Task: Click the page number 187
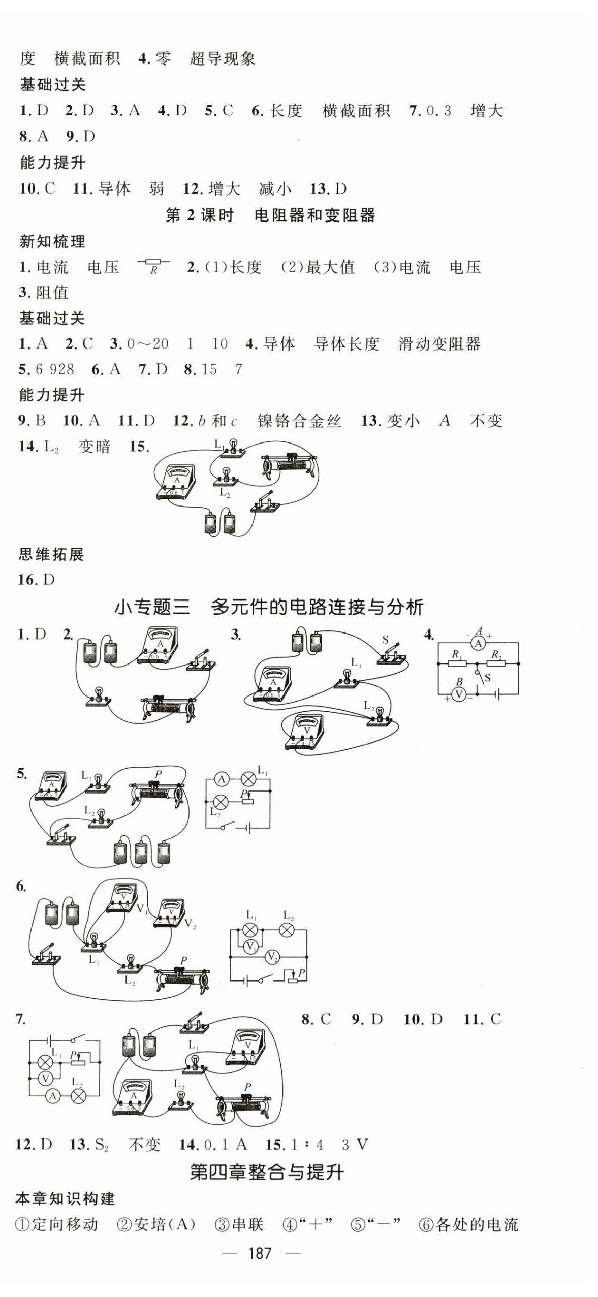(x=260, y=1253)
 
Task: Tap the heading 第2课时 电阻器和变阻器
(x=270, y=215)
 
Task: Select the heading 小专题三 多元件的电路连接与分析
(x=269, y=607)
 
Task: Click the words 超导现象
(x=223, y=59)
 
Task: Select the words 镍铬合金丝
(x=299, y=421)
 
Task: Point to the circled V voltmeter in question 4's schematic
(x=459, y=694)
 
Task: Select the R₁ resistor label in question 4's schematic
(x=456, y=654)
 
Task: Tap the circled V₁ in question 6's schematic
(x=250, y=946)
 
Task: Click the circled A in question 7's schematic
(x=52, y=1097)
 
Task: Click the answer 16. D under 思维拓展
(x=36, y=580)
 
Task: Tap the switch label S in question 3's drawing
(x=385, y=640)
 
